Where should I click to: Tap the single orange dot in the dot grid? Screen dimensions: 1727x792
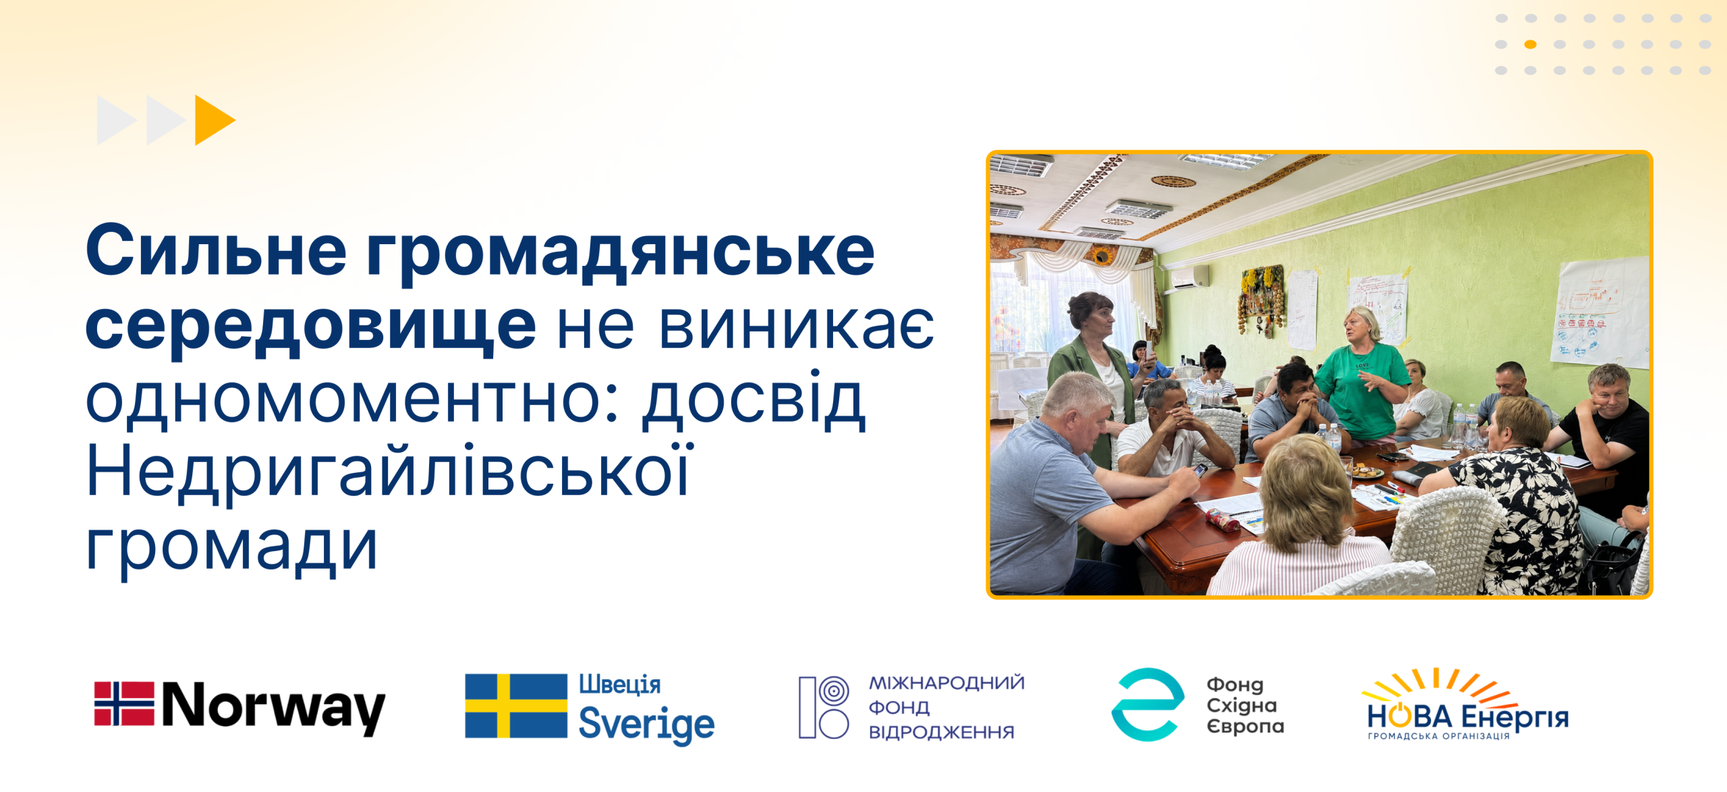(1530, 45)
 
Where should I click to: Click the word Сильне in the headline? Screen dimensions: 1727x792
(216, 250)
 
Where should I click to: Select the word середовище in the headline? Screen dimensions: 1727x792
(310, 327)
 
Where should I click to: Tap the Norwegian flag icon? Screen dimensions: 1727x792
(124, 704)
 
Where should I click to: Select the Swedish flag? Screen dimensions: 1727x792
(516, 706)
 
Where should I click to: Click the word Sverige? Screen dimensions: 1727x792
(646, 724)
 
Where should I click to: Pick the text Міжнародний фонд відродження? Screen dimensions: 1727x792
(946, 707)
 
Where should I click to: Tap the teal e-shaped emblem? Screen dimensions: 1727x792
(1148, 704)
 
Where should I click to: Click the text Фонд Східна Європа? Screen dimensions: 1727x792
(1245, 706)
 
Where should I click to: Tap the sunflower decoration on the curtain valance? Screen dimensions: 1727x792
(1102, 256)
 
